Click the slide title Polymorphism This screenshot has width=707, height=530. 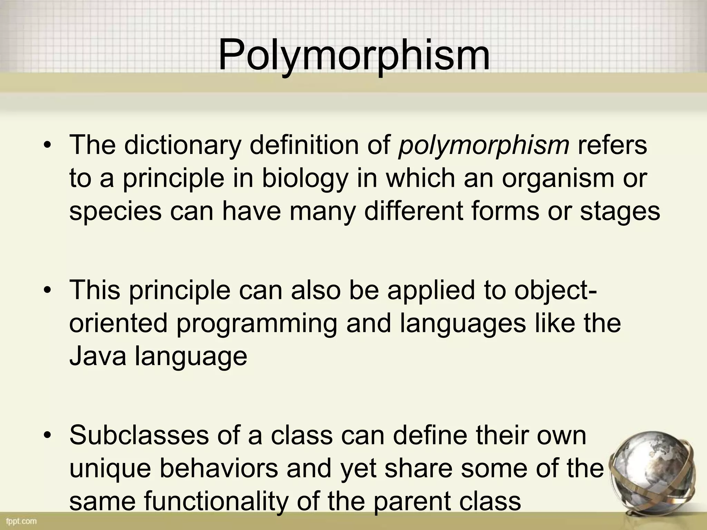tap(354, 55)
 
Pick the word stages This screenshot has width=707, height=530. tap(620, 211)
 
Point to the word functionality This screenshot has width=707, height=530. tap(215, 501)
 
